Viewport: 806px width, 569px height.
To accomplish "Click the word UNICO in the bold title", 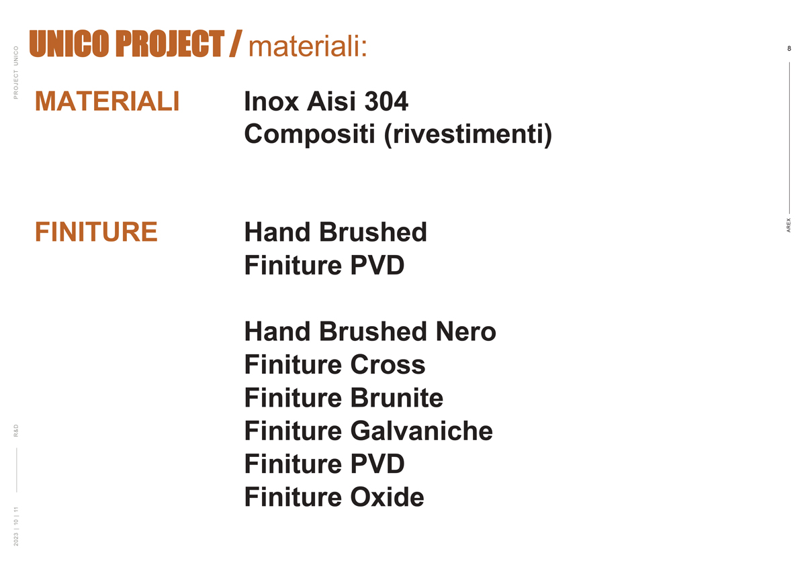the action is tap(69, 44).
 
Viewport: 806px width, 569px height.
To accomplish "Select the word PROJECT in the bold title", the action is tap(170, 44).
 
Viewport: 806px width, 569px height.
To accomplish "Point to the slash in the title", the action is tap(236, 44).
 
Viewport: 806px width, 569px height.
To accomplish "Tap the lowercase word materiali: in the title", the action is tap(308, 47).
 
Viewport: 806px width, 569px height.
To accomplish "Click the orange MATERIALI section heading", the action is tap(107, 101).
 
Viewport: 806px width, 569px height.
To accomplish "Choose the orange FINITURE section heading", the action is tap(96, 232).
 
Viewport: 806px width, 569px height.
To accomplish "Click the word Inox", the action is tap(271, 101).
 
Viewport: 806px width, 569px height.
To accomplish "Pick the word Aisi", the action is tap(331, 101).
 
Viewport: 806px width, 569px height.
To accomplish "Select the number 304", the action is tap(386, 101).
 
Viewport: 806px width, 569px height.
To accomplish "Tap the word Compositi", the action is tap(310, 135).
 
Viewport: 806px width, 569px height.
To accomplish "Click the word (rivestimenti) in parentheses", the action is tap(468, 135).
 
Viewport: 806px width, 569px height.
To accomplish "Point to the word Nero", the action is tap(466, 331).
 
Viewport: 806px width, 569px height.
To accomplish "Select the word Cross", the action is tap(388, 365).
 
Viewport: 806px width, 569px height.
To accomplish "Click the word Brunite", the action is tap(397, 398).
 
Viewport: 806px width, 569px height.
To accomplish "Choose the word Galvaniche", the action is tap(421, 431).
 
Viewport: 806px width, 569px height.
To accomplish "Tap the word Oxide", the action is tap(387, 497).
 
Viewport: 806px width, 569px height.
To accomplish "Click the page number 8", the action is tap(789, 48).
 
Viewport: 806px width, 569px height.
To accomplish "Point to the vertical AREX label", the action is tap(789, 225).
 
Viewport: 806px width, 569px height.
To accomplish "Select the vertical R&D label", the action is tap(16, 431).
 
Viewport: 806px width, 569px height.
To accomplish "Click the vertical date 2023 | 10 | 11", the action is tap(16, 527).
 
